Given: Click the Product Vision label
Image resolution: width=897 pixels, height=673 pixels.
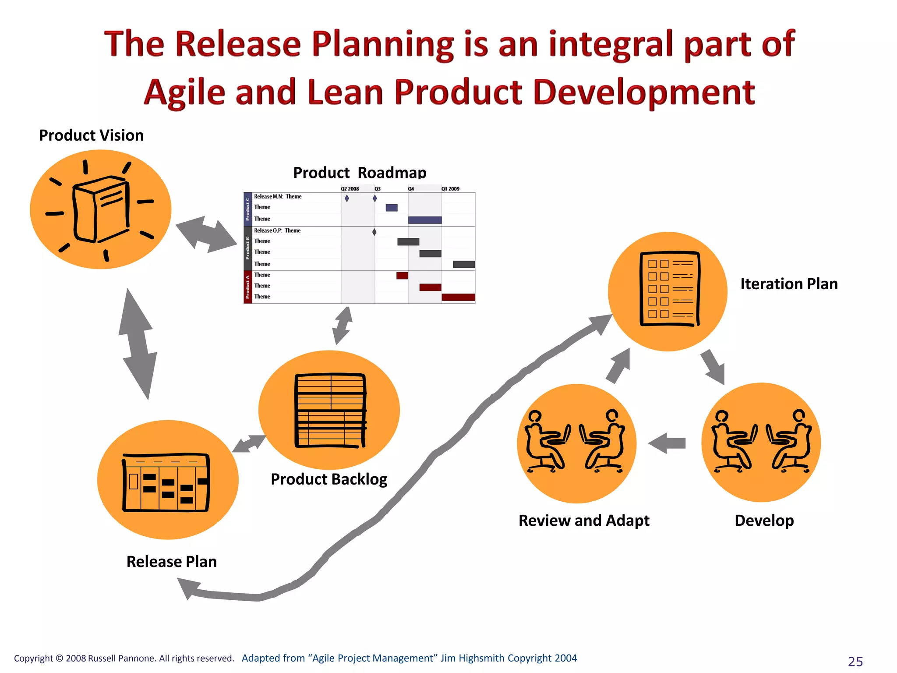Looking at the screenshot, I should pyautogui.click(x=91, y=135).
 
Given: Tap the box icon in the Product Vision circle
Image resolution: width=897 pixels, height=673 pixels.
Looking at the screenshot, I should pyautogui.click(x=102, y=209).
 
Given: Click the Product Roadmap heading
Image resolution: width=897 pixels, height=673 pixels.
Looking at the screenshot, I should pyautogui.click(x=359, y=173).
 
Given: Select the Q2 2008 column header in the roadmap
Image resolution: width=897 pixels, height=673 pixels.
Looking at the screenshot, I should pyautogui.click(x=350, y=189).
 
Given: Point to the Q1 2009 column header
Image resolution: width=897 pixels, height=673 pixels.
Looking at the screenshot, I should pyautogui.click(x=450, y=189).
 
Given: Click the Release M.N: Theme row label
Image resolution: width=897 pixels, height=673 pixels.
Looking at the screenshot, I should pyautogui.click(x=278, y=197).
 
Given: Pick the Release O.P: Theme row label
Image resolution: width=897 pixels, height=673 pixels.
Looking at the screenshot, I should pyautogui.click(x=277, y=230).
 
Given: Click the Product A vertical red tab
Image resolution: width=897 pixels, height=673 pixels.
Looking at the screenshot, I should pyautogui.click(x=247, y=287).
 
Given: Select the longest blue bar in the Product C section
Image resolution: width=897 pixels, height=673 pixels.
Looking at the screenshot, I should pyautogui.click(x=424, y=220).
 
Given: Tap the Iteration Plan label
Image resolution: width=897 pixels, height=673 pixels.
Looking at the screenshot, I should pyautogui.click(x=789, y=284).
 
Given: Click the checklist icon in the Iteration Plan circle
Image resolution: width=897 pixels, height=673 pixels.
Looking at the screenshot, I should pyautogui.click(x=669, y=289).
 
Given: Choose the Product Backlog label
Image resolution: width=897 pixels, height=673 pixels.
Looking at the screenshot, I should pyautogui.click(x=329, y=479).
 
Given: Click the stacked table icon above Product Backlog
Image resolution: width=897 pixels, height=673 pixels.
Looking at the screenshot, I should pyautogui.click(x=331, y=411).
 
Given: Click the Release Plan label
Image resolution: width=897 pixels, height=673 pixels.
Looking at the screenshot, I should pyautogui.click(x=171, y=562).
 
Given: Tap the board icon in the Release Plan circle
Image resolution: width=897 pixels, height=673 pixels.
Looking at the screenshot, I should pyautogui.click(x=166, y=482).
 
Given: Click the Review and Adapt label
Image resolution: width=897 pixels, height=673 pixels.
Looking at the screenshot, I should pyautogui.click(x=584, y=521).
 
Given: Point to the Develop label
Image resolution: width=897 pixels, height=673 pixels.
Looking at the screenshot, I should pyautogui.click(x=764, y=521).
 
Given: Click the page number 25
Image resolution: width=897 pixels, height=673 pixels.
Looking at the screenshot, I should pyautogui.click(x=855, y=661).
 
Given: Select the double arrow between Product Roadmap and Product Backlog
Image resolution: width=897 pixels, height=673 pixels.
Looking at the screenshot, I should pyautogui.click(x=343, y=326).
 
